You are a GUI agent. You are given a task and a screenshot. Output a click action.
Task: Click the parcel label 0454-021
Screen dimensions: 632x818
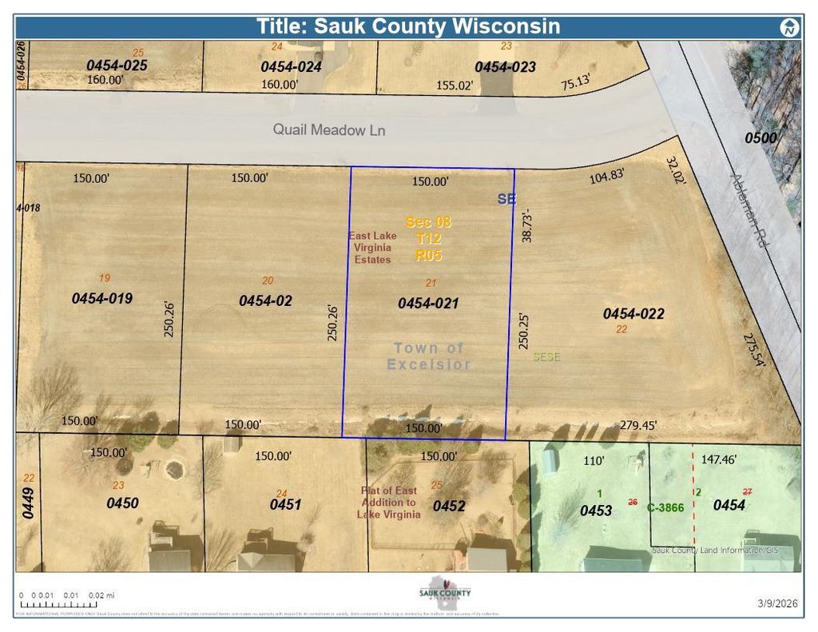tap(428, 303)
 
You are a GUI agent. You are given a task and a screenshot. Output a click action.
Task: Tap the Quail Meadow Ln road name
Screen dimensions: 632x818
tap(320, 129)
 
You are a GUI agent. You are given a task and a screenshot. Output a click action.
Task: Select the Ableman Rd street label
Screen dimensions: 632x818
tap(749, 209)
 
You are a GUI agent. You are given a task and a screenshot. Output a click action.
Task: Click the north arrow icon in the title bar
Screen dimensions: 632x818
tap(789, 28)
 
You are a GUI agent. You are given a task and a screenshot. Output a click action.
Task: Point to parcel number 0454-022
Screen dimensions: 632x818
tap(633, 314)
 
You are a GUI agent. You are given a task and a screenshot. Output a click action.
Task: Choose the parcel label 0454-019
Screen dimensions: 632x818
tap(101, 298)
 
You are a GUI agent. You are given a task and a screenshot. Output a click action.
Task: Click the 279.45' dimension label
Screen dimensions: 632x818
tap(638, 426)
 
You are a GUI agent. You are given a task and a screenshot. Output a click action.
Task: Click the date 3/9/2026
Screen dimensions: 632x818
tap(777, 604)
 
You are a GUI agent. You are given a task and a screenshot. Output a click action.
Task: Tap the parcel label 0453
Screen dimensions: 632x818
tap(596, 511)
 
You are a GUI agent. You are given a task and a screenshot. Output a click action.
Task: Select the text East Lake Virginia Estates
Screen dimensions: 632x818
tap(372, 248)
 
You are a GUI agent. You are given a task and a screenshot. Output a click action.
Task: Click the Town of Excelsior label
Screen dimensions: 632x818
tap(429, 356)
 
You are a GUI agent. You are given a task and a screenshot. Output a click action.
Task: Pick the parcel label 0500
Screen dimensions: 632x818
tap(760, 138)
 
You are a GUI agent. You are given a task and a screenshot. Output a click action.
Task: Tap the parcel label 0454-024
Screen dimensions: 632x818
tap(291, 67)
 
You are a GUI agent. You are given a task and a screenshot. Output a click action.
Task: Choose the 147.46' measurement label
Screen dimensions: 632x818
tap(719, 459)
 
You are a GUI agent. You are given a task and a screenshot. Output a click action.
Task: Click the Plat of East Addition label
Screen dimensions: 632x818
tap(389, 503)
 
